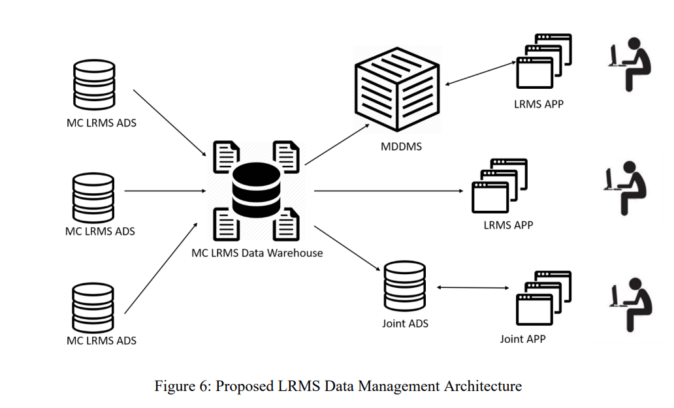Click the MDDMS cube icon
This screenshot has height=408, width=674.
click(396, 89)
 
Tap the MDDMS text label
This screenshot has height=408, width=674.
click(401, 146)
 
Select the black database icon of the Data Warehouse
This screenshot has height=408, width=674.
click(256, 190)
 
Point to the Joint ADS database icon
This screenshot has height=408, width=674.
click(404, 286)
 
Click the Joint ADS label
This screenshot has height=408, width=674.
click(406, 323)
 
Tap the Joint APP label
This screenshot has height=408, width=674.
click(522, 339)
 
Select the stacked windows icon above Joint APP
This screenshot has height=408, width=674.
click(543, 298)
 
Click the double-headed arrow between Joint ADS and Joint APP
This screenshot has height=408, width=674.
click(473, 287)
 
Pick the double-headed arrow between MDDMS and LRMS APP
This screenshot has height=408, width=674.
click(481, 73)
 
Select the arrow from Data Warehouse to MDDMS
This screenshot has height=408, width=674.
click(337, 145)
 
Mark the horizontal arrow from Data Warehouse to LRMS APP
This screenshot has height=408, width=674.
click(389, 191)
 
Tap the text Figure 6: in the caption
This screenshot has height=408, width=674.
click(183, 386)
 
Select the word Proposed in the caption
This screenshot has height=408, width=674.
click(244, 386)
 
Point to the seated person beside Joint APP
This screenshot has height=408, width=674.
click(631, 304)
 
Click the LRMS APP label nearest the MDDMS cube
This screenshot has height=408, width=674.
click(539, 104)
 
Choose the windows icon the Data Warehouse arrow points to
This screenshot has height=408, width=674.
click(500, 185)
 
